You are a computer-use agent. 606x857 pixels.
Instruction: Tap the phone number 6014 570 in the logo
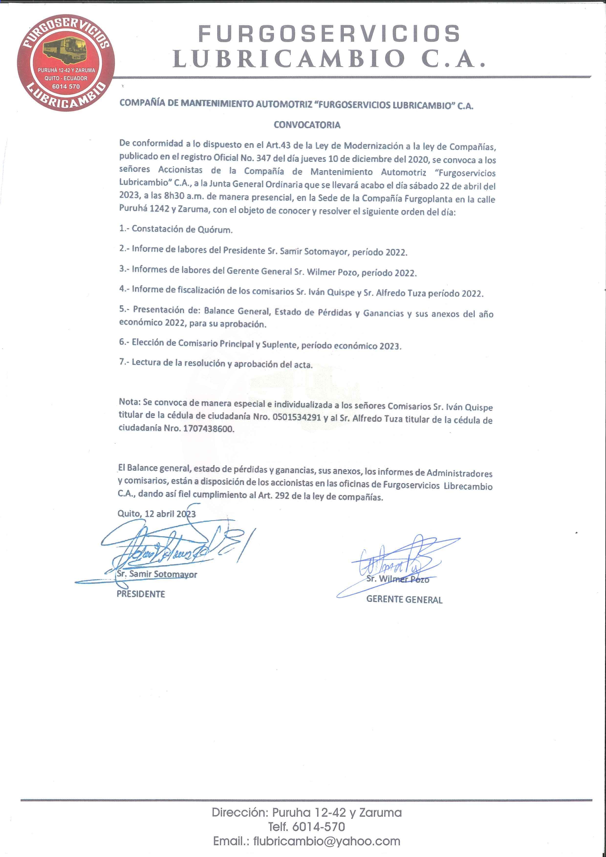[x=66, y=86]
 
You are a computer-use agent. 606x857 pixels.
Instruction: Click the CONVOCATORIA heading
[x=307, y=125]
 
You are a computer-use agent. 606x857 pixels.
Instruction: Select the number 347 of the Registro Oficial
[x=263, y=158]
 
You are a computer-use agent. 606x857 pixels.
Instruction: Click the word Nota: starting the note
[x=130, y=402]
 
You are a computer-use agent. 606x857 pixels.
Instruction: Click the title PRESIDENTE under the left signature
[x=141, y=594]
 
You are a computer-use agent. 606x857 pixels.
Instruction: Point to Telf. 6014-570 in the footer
[x=307, y=827]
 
